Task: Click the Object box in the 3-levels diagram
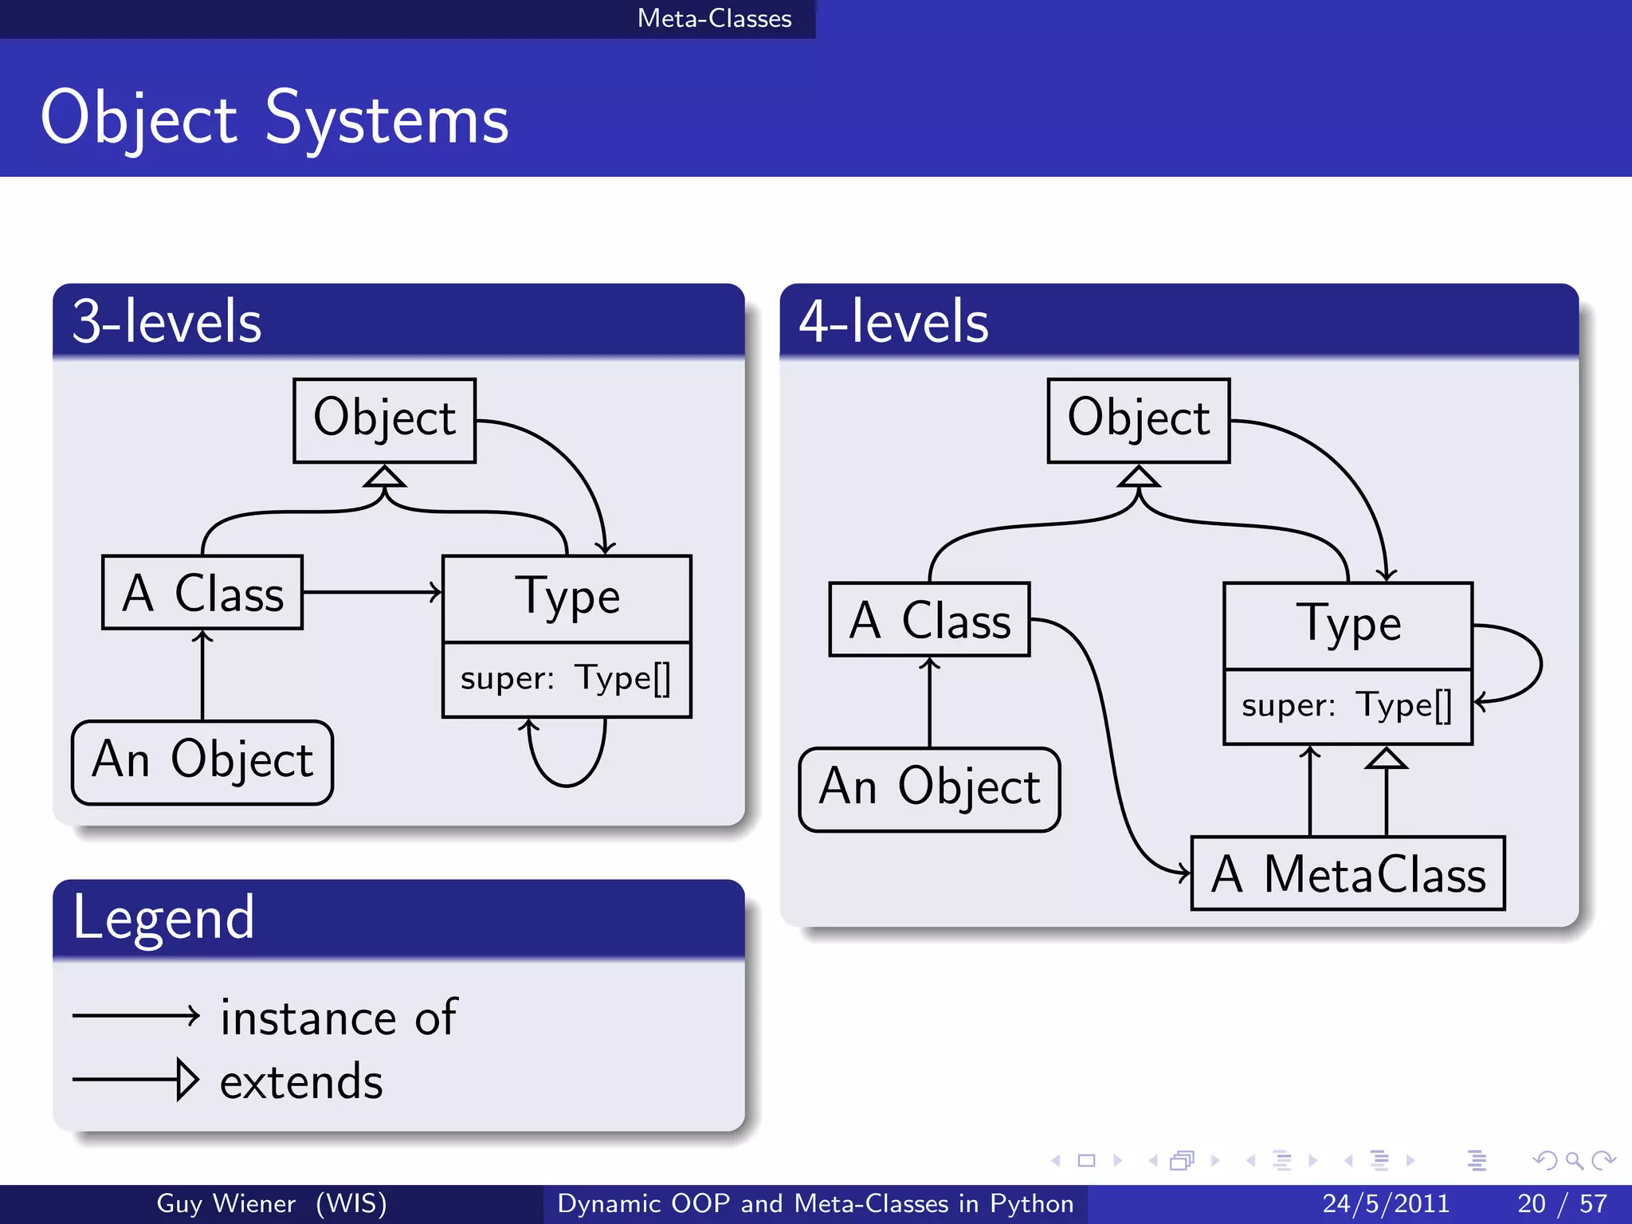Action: click(x=384, y=420)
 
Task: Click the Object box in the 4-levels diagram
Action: click(x=1138, y=420)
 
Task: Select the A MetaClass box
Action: click(x=1348, y=873)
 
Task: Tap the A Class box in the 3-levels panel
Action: click(x=202, y=593)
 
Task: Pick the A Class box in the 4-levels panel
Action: click(x=929, y=620)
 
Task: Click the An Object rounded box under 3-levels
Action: click(x=202, y=763)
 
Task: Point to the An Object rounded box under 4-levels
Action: click(x=929, y=790)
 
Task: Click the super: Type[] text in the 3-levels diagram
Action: click(x=566, y=679)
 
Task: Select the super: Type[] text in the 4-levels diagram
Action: click(x=1347, y=706)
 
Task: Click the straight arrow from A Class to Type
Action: click(x=371, y=592)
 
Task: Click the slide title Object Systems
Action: click(x=274, y=120)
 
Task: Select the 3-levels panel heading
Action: click(x=167, y=322)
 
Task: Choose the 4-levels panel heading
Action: click(x=893, y=322)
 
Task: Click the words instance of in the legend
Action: click(x=338, y=1018)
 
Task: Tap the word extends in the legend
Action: click(x=301, y=1081)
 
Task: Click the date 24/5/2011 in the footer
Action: click(x=1385, y=1203)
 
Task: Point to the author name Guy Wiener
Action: click(x=226, y=1203)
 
